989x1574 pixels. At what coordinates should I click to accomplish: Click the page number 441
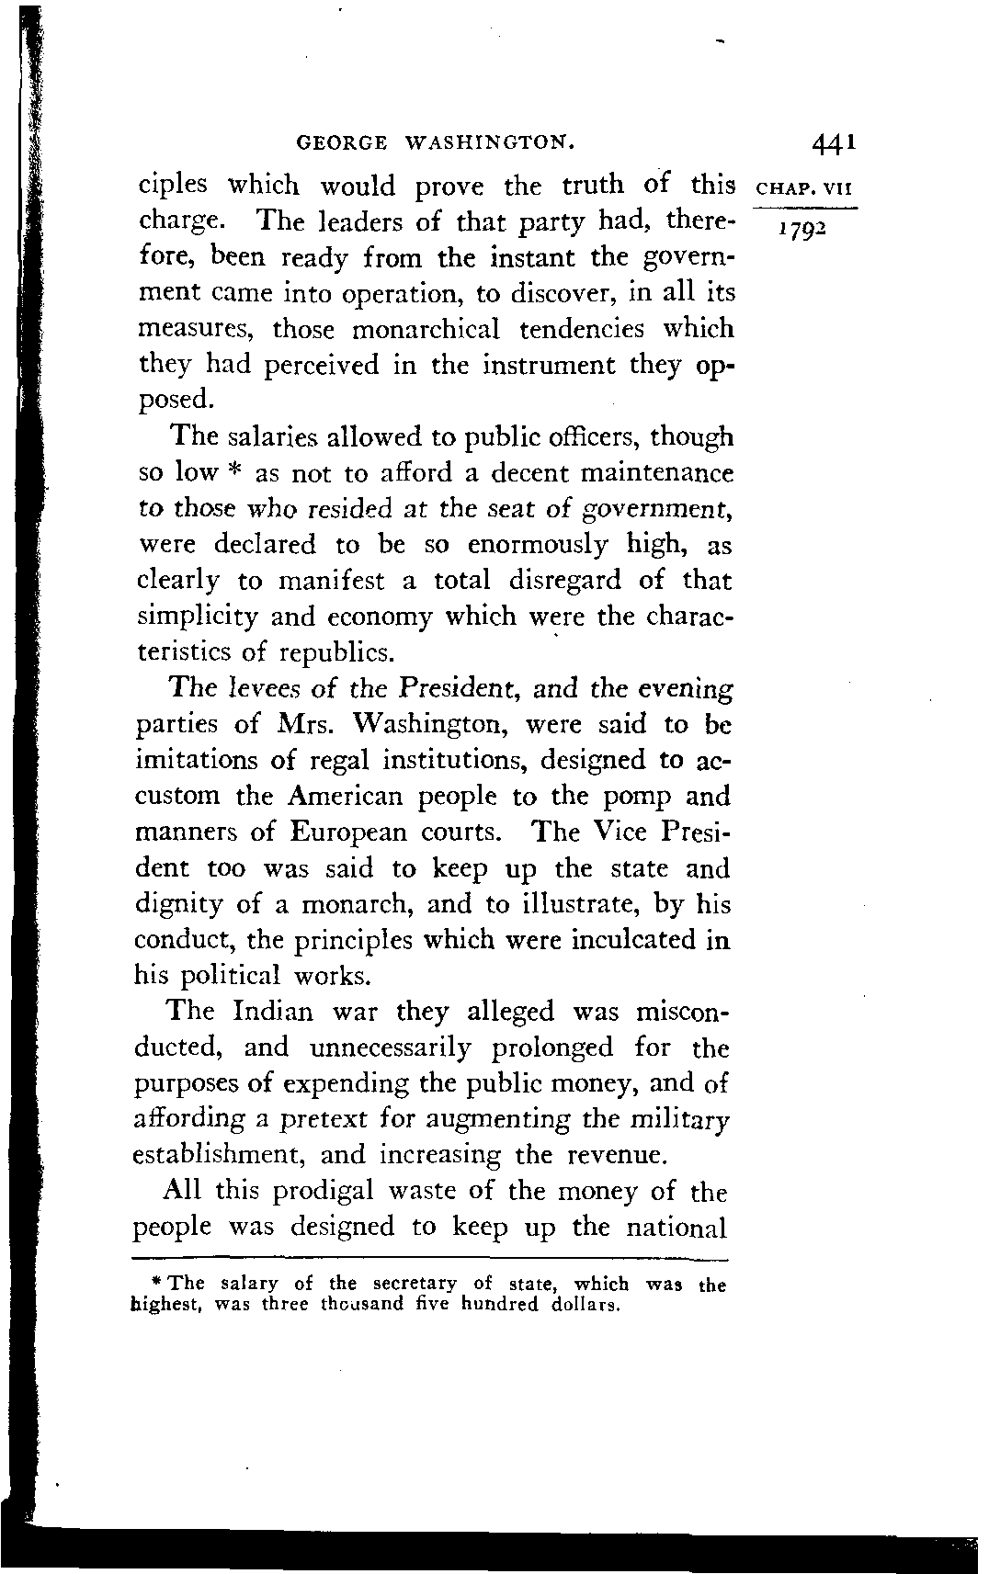pyautogui.click(x=834, y=143)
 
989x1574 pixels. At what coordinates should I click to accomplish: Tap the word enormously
pyautogui.click(x=538, y=545)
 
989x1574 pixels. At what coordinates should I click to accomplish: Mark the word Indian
pyautogui.click(x=274, y=1013)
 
